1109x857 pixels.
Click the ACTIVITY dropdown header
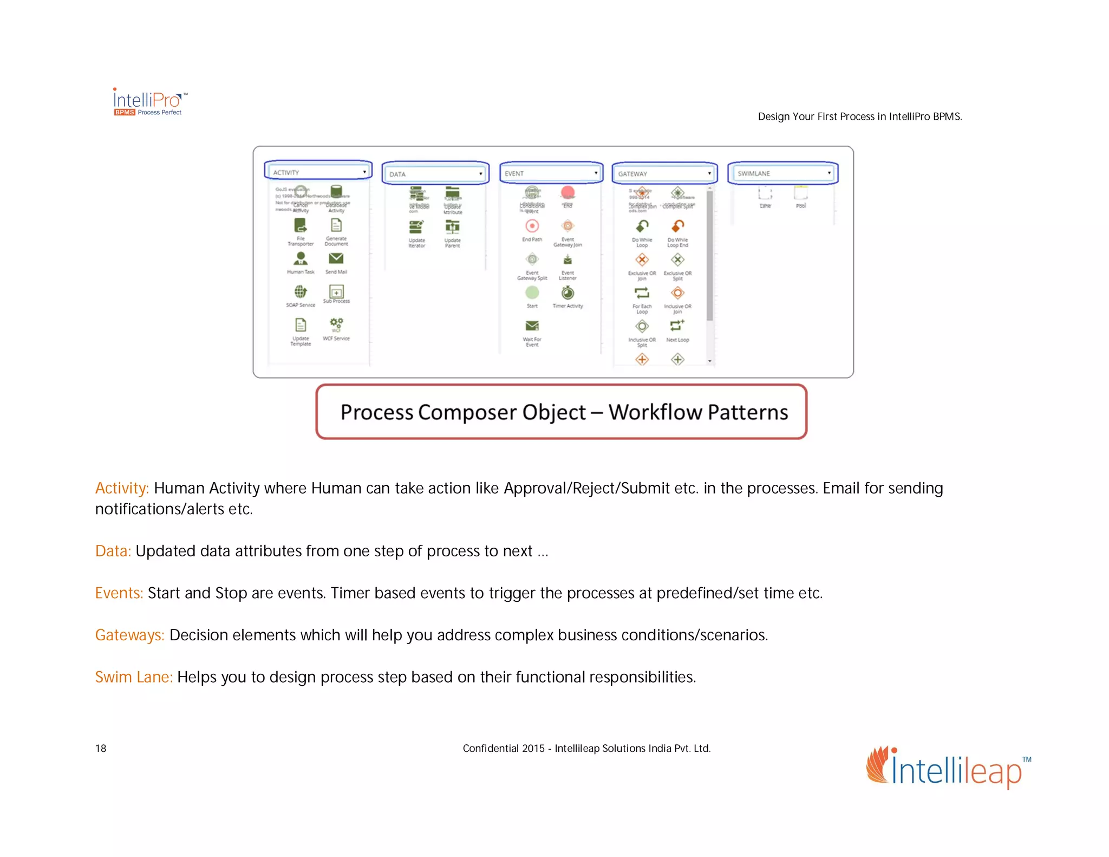[x=318, y=172]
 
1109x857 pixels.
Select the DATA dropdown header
[x=435, y=173]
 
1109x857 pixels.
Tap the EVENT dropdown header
[x=551, y=173]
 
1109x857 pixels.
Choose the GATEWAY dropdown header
[x=664, y=173]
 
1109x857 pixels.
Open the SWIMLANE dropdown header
[x=783, y=173]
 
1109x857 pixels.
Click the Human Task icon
[x=301, y=259]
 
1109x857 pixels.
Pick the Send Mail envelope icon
[x=336, y=258]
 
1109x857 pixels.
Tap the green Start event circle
[x=532, y=293]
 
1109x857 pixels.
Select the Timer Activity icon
[x=567, y=293]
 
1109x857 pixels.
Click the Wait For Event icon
[x=532, y=326]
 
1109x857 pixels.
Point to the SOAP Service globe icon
[x=301, y=292]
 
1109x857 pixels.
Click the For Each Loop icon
[x=642, y=293]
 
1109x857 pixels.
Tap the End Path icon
[x=532, y=226]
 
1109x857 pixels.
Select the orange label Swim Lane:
[x=134, y=677]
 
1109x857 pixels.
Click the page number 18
[x=101, y=749]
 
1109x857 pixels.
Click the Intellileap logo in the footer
[x=948, y=768]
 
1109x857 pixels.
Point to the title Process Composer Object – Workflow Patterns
[x=563, y=412]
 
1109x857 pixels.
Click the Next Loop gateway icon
[x=677, y=326]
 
